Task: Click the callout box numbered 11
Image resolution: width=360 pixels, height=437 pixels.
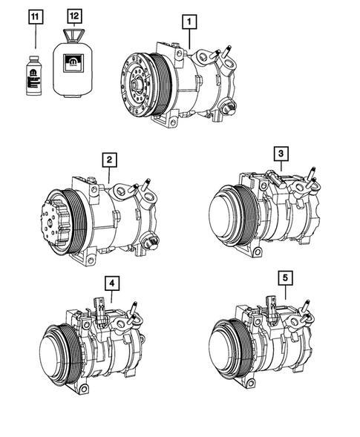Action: [36, 17]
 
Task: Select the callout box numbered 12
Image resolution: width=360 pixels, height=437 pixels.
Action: [74, 16]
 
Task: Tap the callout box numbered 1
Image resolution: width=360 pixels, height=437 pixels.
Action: [189, 22]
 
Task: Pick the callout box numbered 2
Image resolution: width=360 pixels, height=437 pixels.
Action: [109, 160]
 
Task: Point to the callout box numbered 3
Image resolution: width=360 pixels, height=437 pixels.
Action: [281, 154]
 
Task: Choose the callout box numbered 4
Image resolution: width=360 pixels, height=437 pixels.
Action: [112, 283]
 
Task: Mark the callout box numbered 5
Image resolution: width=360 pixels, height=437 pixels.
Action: [285, 278]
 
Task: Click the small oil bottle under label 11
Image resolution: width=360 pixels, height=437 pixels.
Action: [33, 76]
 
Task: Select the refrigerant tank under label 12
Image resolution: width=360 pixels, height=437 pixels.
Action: [73, 63]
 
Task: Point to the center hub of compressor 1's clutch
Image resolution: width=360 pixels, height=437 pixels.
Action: [137, 84]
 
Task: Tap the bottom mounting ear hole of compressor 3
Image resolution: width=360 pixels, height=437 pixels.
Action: [258, 252]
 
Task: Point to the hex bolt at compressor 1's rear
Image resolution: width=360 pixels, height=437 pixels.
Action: [229, 108]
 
